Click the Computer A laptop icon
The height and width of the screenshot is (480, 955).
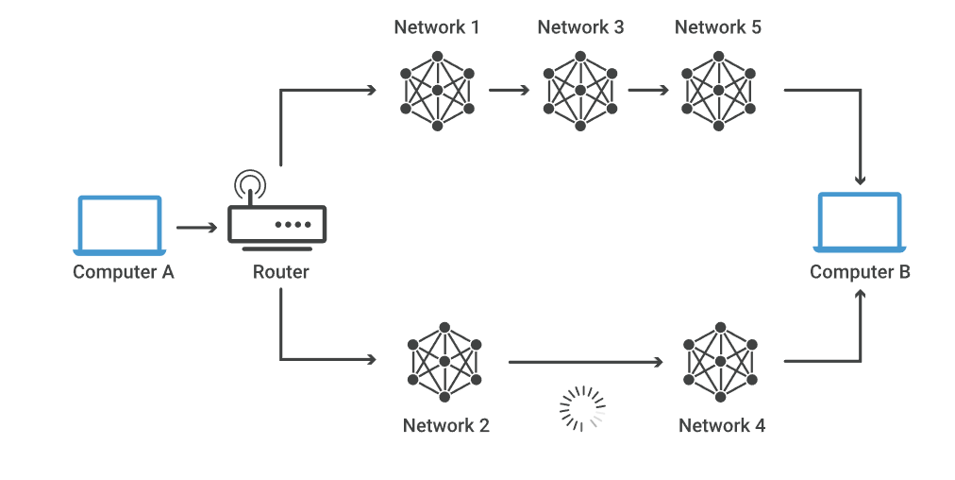(x=120, y=225)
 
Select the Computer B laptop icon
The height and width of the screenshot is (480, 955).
(x=859, y=222)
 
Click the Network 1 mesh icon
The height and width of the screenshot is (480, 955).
(x=437, y=91)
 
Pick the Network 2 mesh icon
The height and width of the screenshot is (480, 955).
(x=444, y=361)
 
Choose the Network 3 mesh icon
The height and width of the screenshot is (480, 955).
(x=579, y=91)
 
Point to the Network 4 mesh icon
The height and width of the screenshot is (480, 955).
(x=721, y=361)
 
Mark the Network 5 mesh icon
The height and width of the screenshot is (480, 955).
(x=718, y=91)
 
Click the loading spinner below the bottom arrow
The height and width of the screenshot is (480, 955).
(x=582, y=408)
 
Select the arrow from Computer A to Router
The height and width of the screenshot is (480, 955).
(x=196, y=228)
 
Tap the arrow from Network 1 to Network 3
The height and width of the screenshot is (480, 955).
(x=510, y=91)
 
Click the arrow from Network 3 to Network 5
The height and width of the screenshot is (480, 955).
(x=648, y=91)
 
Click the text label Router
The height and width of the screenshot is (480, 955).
(x=280, y=272)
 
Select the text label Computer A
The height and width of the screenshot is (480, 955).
(x=124, y=272)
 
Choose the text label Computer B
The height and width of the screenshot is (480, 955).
(x=860, y=272)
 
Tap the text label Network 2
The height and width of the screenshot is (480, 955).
(x=445, y=425)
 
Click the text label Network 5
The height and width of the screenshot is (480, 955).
(x=717, y=26)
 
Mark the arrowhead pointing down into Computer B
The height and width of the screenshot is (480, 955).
(x=860, y=179)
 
